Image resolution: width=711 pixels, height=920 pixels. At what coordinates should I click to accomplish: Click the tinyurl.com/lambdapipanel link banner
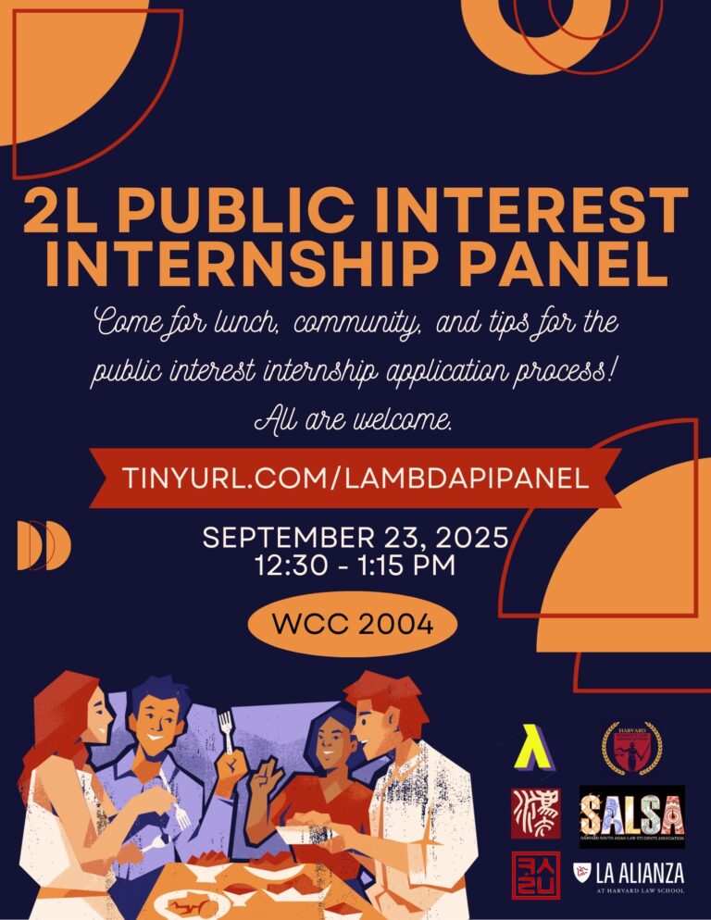[355, 478]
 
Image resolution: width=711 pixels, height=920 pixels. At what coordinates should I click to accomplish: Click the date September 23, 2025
[355, 538]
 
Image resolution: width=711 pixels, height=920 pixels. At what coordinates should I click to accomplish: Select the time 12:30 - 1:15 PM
[355, 566]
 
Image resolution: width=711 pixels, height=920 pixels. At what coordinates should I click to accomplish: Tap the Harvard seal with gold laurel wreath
[632, 747]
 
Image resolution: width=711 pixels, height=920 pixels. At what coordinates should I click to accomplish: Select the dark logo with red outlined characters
[535, 875]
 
